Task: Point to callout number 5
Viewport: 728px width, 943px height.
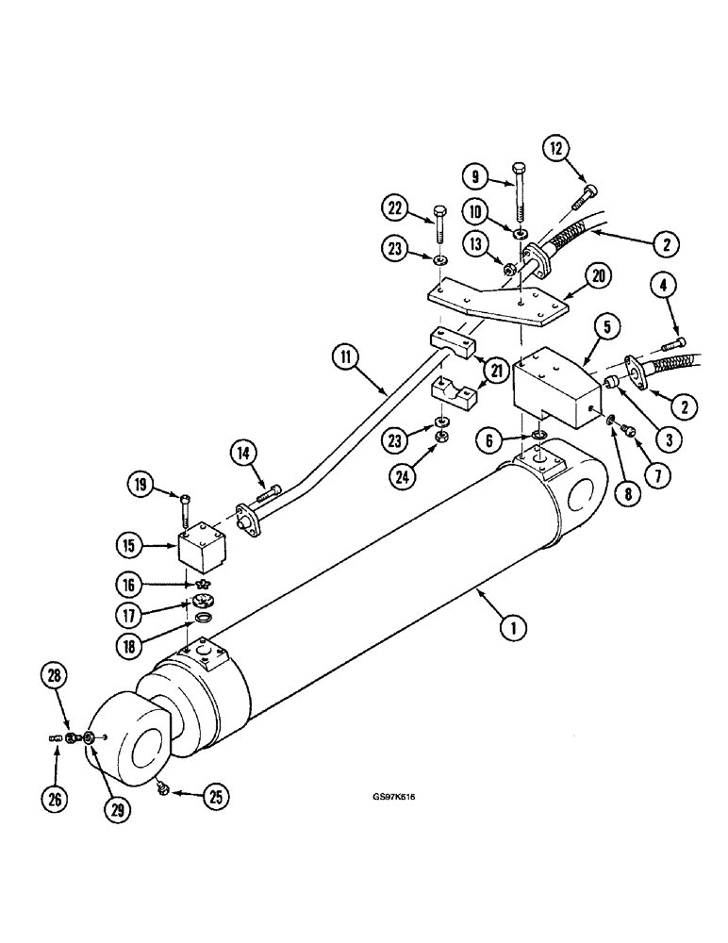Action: [608, 327]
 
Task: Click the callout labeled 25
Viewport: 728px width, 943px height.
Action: [216, 797]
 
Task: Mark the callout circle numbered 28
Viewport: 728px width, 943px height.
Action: [55, 676]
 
